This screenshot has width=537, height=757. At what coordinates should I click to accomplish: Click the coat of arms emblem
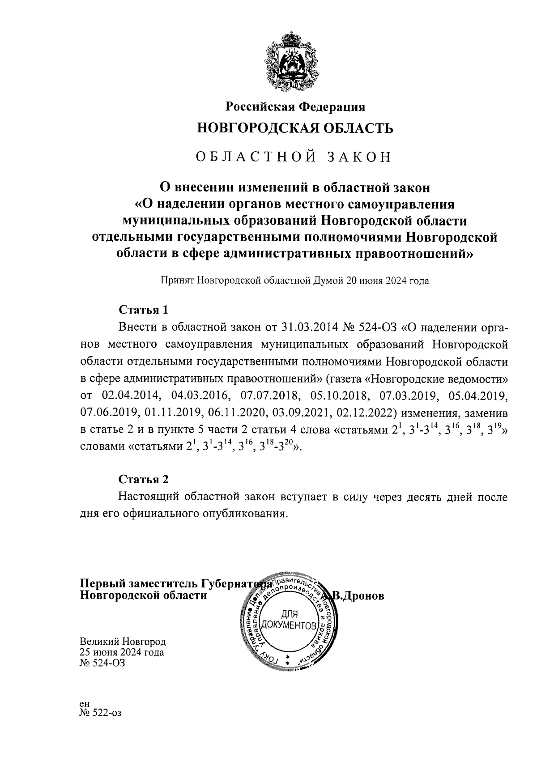295,60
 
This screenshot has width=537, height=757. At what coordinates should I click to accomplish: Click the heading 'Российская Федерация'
295,107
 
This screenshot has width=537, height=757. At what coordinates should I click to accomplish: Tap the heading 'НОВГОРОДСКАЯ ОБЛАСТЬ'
295,129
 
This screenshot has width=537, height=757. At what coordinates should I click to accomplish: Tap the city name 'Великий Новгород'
123,642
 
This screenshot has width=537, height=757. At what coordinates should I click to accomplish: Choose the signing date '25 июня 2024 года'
122,652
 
